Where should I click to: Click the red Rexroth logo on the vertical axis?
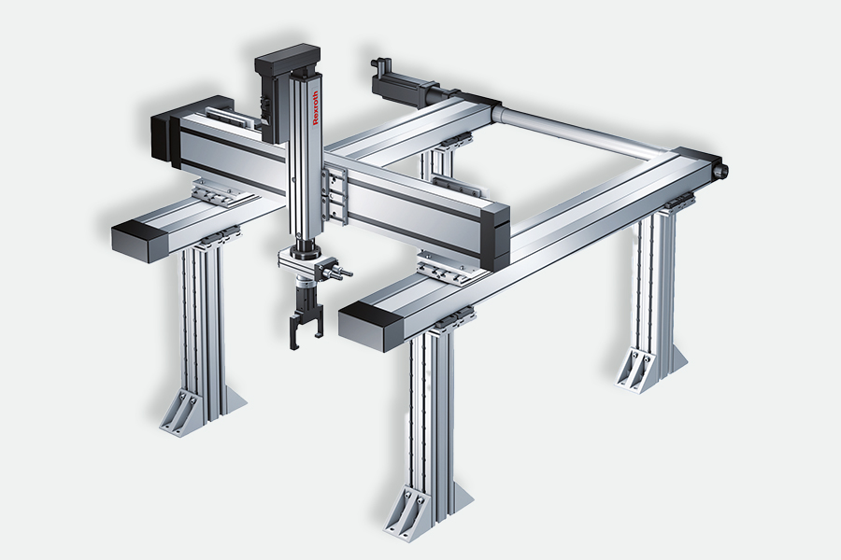tap(316, 107)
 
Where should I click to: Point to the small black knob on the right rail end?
tap(722, 171)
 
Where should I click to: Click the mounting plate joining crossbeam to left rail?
tap(220, 193)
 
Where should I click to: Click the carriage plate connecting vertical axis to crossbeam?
tap(335, 194)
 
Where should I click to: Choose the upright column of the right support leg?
tap(655, 284)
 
